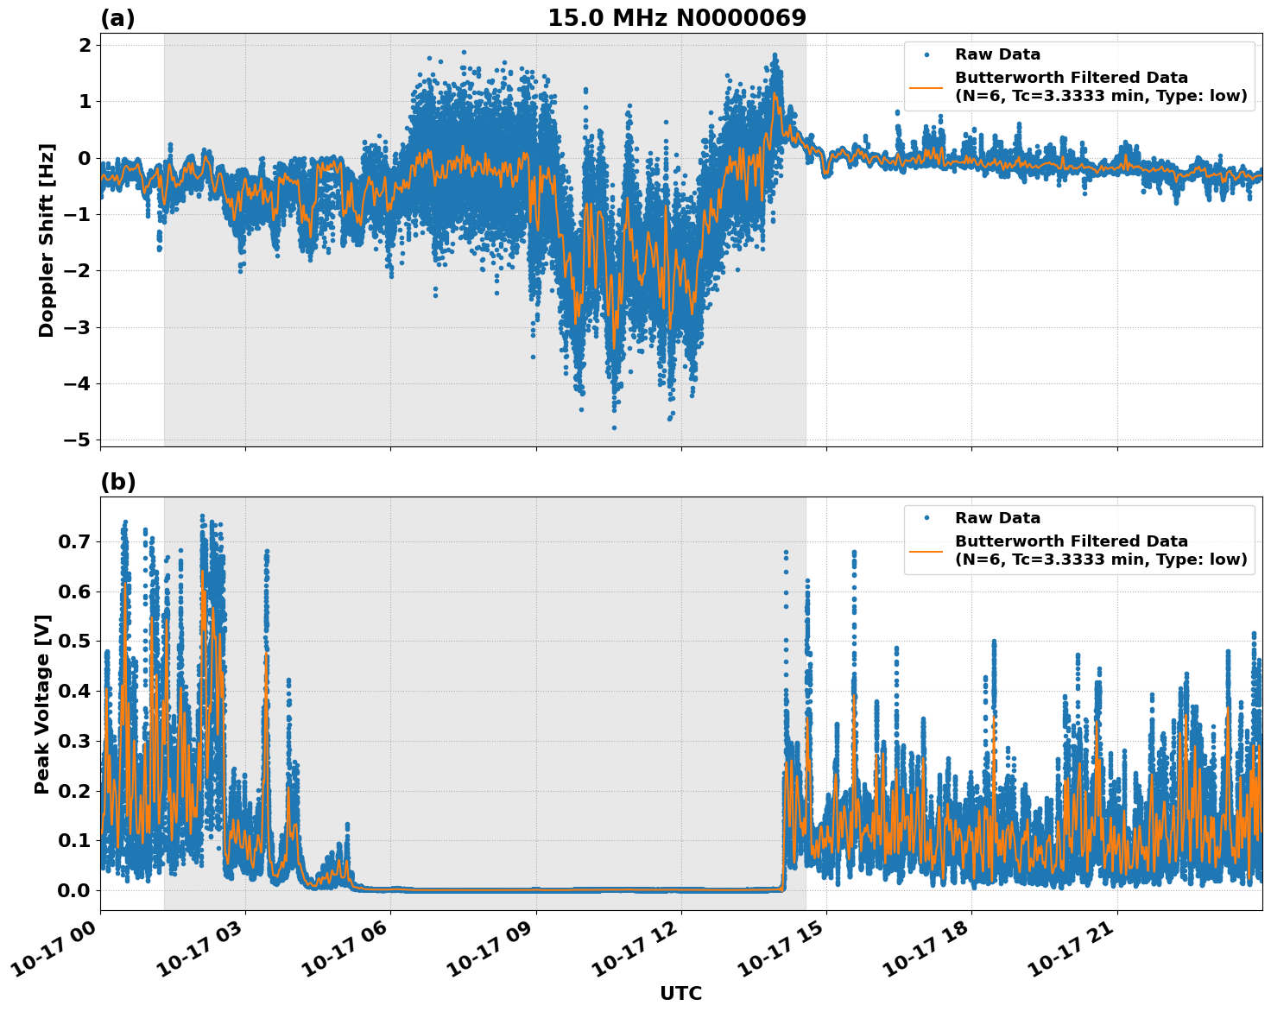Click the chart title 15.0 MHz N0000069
pyautogui.click(x=677, y=18)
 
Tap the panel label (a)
pyautogui.click(x=117, y=18)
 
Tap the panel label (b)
pyautogui.click(x=117, y=482)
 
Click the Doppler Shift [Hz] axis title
pyautogui.click(x=46, y=240)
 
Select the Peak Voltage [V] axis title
pyautogui.click(x=42, y=704)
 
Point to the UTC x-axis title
pyautogui.click(x=680, y=993)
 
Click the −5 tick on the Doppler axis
pyautogui.click(x=78, y=440)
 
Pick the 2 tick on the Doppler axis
pyautogui.click(x=85, y=45)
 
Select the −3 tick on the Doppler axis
pyautogui.click(x=78, y=327)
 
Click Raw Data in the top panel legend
pyautogui.click(x=997, y=54)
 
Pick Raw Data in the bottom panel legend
pyautogui.click(x=997, y=518)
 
